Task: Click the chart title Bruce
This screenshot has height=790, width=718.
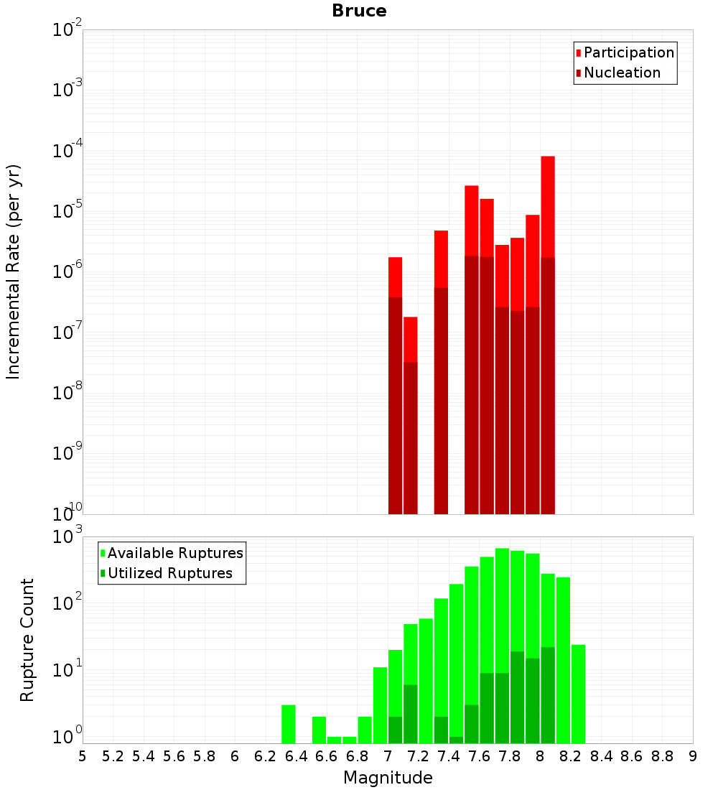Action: pyautogui.click(x=359, y=11)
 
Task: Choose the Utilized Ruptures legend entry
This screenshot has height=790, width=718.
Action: pyautogui.click(x=169, y=573)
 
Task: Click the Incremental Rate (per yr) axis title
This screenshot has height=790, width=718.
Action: pyautogui.click(x=14, y=272)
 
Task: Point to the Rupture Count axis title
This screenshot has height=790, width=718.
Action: pyautogui.click(x=27, y=640)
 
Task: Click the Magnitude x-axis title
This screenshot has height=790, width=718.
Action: pyautogui.click(x=388, y=778)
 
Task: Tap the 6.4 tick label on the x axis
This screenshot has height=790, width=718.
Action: pyautogui.click(x=296, y=756)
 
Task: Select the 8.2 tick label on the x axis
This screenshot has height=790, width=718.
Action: pyautogui.click(x=571, y=756)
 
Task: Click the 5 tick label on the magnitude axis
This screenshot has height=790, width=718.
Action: pyautogui.click(x=83, y=756)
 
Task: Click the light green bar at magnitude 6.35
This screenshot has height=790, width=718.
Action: pyautogui.click(x=288, y=724)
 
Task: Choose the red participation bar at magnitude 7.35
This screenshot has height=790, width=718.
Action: pyautogui.click(x=441, y=259)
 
